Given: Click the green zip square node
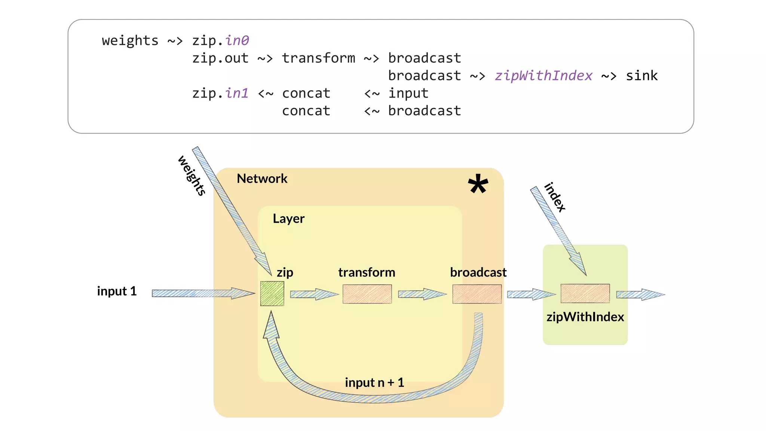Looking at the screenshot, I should click(272, 294).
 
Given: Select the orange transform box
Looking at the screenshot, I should click(367, 294).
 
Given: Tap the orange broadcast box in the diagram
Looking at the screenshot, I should click(477, 294).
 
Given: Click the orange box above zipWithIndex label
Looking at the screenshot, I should click(585, 293).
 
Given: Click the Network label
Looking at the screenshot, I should click(262, 178).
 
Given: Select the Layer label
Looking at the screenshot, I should click(288, 218).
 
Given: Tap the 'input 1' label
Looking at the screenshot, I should click(117, 291).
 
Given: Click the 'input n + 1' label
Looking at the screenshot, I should click(374, 382).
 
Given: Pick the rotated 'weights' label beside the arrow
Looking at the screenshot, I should click(192, 175).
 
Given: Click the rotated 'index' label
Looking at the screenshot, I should click(555, 197).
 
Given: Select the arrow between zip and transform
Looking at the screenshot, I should click(314, 294).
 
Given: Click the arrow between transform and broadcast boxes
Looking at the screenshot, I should click(422, 294).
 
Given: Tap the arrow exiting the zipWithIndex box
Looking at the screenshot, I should click(640, 294).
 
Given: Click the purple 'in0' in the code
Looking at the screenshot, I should click(237, 40).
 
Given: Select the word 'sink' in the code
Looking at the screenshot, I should click(641, 76).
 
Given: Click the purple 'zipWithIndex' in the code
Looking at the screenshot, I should click(543, 76).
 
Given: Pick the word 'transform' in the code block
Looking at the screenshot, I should click(318, 58).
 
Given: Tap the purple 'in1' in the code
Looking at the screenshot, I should click(237, 93).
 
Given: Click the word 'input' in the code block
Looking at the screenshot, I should click(408, 93).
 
